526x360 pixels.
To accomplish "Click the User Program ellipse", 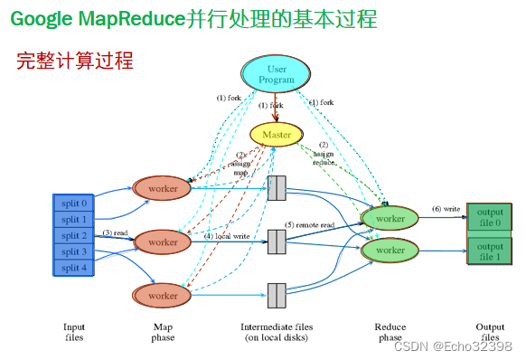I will click(277, 74).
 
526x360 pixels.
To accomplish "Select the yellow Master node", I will click(277, 135).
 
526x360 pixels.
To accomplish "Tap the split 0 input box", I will click(74, 203).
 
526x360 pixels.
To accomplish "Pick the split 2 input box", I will click(74, 235).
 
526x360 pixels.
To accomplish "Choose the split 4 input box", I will click(74, 268).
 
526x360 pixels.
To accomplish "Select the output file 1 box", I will click(490, 251).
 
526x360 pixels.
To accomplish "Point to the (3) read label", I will click(114, 233).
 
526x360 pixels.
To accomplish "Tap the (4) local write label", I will click(226, 236).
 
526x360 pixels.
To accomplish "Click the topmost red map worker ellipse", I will click(163, 188).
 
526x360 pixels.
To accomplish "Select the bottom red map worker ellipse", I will click(163, 296).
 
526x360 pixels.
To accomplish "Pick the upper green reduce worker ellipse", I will click(390, 218).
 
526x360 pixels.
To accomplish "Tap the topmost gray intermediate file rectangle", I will click(277, 188).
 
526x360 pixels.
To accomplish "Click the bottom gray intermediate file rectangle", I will click(277, 296).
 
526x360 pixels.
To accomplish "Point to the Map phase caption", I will click(163, 332).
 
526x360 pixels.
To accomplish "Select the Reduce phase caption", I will click(390, 332).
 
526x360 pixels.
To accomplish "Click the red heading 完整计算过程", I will click(75, 61).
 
